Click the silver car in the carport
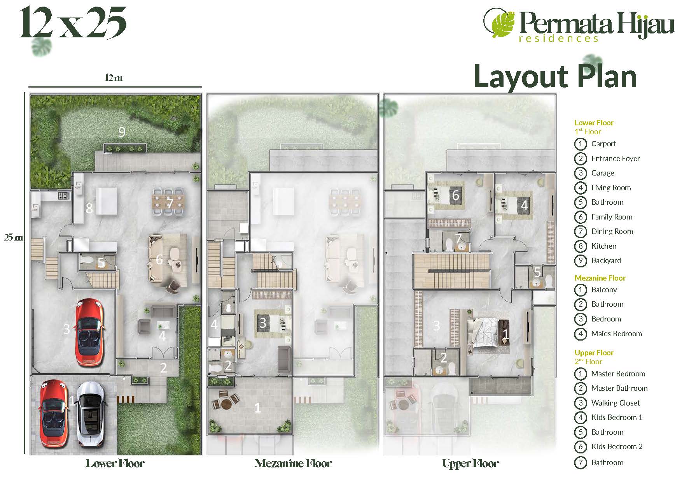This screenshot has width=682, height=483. point(90,414)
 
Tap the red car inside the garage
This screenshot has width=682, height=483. point(91,332)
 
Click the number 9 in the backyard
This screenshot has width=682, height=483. point(122,132)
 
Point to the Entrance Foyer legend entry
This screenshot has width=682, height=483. point(607,158)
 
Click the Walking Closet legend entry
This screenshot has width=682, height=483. point(607,403)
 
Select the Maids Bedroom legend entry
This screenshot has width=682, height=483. point(608,334)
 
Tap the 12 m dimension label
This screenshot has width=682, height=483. point(114,78)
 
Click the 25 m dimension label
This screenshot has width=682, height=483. point(14,237)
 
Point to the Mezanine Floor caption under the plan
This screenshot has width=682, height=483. point(293,463)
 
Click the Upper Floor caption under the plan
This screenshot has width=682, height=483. point(470,463)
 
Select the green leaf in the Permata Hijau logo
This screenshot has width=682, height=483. point(502,23)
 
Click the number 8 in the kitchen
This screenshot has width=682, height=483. point(89,209)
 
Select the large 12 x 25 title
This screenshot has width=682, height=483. point(73,23)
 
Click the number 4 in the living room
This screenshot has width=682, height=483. point(163,336)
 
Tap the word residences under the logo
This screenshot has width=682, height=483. point(559,38)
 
